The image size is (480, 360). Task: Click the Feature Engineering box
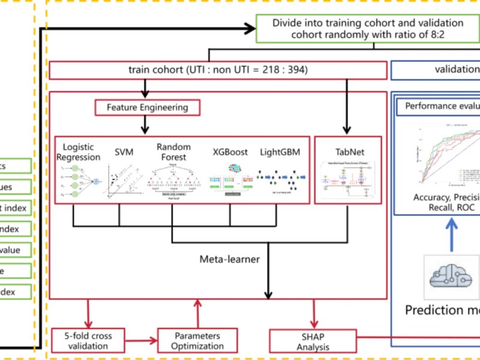tap(147, 108)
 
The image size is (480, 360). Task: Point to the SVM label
tap(124, 152)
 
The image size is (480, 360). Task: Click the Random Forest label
tap(173, 152)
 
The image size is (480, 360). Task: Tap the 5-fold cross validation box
tap(88, 340)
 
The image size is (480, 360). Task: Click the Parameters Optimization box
tap(197, 340)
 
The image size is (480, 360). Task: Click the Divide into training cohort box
tap(368, 28)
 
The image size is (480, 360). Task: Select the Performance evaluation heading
tap(442, 106)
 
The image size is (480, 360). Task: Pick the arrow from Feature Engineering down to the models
tap(145, 125)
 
